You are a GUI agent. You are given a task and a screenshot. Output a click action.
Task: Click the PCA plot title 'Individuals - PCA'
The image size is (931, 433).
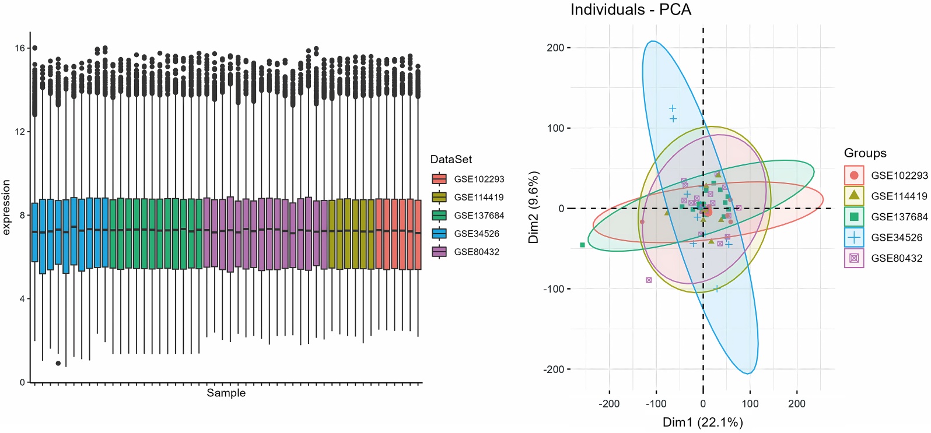(630, 10)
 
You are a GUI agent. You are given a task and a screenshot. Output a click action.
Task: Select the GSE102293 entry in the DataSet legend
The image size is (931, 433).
(478, 179)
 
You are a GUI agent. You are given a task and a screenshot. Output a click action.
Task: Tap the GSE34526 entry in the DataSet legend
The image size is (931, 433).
(476, 234)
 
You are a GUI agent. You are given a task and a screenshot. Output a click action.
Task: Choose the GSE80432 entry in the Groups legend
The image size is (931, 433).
(896, 258)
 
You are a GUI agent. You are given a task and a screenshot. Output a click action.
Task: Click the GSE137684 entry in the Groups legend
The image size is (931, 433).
(898, 217)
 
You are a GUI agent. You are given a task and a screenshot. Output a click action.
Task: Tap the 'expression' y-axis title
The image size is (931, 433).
(7, 207)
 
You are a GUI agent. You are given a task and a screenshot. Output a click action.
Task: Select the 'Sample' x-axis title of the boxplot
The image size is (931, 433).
(226, 393)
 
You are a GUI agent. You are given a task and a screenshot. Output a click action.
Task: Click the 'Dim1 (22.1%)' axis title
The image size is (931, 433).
(702, 423)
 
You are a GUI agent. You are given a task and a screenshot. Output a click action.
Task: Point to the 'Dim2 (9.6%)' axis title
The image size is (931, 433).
(534, 207)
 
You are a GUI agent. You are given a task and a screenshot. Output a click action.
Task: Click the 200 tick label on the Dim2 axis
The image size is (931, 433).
(555, 48)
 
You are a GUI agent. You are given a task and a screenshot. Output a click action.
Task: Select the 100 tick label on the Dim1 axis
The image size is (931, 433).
(750, 404)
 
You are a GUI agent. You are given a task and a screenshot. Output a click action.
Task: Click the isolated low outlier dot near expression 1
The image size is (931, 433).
(58, 363)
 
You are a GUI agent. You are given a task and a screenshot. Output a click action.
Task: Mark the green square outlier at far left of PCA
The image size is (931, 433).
(582, 245)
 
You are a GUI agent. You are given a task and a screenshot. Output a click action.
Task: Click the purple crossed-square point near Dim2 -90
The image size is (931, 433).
(649, 280)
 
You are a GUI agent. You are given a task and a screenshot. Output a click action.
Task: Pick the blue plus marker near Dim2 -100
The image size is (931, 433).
(717, 288)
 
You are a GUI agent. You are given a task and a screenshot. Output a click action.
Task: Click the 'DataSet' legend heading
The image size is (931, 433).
(451, 160)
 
